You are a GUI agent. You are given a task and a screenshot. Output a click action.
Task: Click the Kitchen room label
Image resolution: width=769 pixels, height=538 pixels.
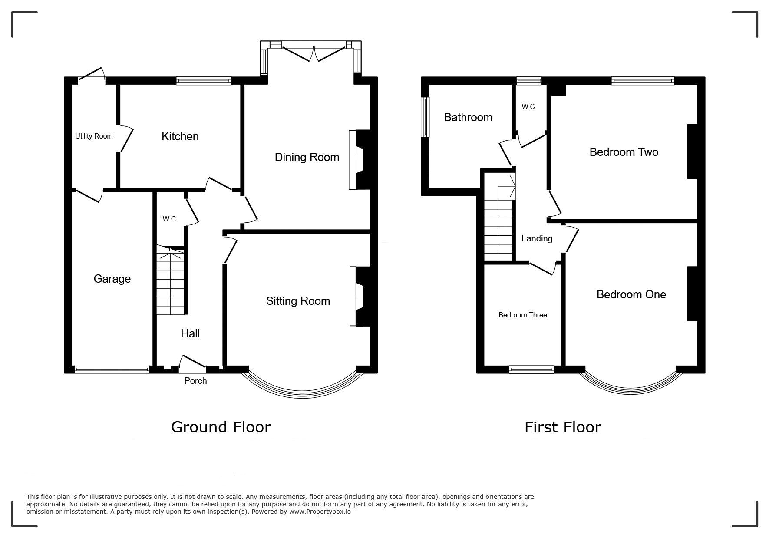[180, 136]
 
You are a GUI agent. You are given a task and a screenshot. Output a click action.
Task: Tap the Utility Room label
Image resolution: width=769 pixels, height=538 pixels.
[94, 136]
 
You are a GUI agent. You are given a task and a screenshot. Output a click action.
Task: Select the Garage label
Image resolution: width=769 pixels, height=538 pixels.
[112, 279]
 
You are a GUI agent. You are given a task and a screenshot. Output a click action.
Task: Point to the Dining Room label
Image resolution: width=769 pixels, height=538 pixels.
[307, 157]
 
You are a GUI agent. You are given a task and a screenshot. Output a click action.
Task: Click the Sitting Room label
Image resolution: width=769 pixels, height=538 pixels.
[298, 301]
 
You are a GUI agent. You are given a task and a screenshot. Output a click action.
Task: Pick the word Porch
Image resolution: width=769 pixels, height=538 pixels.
[195, 381]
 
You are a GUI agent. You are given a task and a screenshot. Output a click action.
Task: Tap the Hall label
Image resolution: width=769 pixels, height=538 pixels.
[190, 333]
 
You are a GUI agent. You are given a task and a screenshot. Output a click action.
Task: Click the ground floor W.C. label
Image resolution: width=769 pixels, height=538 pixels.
[170, 219]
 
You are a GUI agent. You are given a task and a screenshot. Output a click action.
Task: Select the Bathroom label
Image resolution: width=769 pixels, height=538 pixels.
[468, 117]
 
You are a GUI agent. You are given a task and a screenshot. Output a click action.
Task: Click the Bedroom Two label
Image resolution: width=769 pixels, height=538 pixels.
[624, 152]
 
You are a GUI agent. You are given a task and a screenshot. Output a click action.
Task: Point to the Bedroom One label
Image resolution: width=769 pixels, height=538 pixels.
[631, 294]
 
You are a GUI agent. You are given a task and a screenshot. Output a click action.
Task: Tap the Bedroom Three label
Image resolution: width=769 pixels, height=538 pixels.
[522, 315]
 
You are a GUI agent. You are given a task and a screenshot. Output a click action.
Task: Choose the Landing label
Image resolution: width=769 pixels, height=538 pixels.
[537, 238]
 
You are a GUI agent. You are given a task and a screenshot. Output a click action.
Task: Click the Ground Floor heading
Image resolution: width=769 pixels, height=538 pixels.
[221, 427]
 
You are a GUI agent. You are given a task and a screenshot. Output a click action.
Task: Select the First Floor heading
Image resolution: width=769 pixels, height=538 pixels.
[562, 427]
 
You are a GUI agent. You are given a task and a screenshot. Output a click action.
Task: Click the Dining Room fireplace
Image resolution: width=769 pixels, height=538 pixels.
[359, 160]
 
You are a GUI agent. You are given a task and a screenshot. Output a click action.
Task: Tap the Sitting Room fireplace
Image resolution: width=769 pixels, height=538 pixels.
[360, 296]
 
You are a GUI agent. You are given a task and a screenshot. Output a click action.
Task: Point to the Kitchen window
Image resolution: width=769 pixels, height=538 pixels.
[204, 80]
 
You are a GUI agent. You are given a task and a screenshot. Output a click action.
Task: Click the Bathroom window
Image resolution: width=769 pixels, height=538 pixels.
[425, 117]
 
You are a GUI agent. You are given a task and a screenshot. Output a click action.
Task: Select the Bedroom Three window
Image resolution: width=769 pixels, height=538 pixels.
[531, 370]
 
